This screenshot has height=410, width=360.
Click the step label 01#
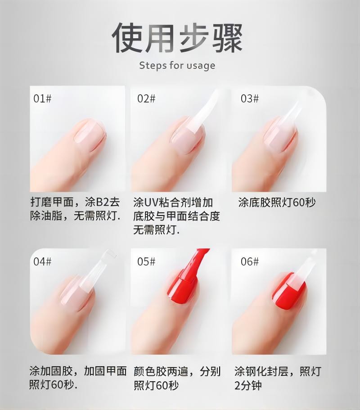pyautogui.click(x=42, y=99)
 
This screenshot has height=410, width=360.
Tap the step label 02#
pyautogui.click(x=146, y=99)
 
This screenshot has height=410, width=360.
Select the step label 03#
pyautogui.click(x=250, y=99)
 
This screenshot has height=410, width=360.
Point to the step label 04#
pyautogui.click(x=42, y=261)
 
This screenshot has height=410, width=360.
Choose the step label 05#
pyautogui.click(x=146, y=261)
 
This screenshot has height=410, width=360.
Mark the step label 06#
pyautogui.click(x=250, y=261)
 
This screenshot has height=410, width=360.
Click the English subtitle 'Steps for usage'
pyautogui.click(x=177, y=65)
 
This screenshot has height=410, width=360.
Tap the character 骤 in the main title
pyautogui.click(x=227, y=37)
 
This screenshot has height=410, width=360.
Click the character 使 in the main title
pyautogui.click(x=128, y=37)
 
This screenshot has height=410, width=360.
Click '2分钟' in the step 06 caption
pyautogui.click(x=248, y=385)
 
